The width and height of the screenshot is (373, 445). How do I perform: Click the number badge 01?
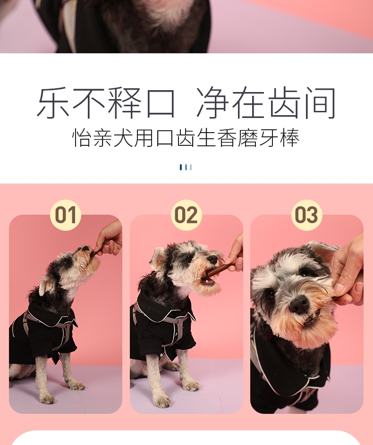pos(66,215)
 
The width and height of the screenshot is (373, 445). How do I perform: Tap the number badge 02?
pos(186,215)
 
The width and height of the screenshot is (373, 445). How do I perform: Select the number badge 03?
pos(306,215)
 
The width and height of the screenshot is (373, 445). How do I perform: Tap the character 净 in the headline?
pos(213,103)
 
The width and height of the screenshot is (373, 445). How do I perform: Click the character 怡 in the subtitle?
pos(82,138)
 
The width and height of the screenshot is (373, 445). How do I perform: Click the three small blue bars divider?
pos(186,167)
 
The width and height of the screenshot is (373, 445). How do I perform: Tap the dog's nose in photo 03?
pos(299,305)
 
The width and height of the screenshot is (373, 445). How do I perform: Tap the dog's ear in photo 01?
pos(46,285)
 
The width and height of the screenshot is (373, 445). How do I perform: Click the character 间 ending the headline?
pos(319,103)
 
